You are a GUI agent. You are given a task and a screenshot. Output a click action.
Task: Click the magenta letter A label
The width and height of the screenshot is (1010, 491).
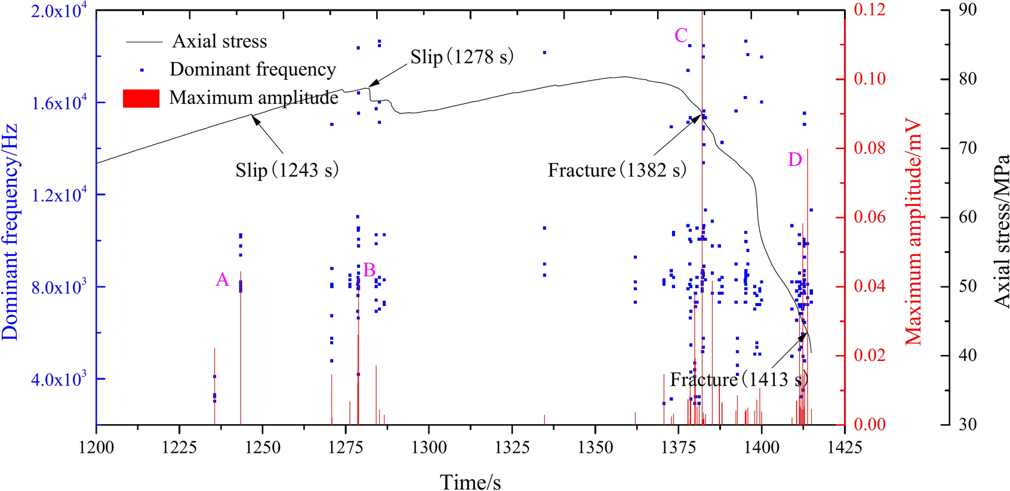(x=222, y=279)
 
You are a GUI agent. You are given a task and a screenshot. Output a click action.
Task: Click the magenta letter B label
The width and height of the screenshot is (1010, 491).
(x=369, y=270)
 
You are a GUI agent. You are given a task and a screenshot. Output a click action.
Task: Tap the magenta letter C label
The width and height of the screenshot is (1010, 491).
(x=681, y=36)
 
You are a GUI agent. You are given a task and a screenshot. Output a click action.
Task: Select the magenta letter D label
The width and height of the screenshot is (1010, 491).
(x=795, y=159)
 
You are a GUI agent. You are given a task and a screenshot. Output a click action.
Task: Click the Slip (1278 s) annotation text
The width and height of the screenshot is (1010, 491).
(x=461, y=57)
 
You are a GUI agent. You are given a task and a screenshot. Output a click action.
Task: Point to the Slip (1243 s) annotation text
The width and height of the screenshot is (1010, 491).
(x=287, y=170)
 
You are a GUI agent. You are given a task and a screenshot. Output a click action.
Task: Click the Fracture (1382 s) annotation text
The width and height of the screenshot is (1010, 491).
(x=617, y=170)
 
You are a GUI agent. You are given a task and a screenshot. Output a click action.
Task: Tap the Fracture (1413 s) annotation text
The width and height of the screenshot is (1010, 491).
(x=738, y=379)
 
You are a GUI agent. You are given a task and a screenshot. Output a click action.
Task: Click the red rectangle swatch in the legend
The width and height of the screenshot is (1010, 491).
(x=141, y=98)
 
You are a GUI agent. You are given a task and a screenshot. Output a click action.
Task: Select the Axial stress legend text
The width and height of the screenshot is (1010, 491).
(x=219, y=41)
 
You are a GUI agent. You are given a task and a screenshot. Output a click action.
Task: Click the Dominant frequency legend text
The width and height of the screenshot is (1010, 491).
(x=252, y=69)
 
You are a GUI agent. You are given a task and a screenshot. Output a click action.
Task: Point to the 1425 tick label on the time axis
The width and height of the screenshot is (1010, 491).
(x=844, y=447)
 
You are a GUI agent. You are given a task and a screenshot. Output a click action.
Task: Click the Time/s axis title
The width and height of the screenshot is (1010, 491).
(x=470, y=481)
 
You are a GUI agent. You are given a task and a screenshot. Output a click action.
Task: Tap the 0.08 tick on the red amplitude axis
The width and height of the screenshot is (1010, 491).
(x=870, y=148)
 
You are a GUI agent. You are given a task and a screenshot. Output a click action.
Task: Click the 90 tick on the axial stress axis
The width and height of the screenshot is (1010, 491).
(x=967, y=10)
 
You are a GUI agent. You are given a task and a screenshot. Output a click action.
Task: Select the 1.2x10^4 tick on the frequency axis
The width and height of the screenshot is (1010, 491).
(x=58, y=194)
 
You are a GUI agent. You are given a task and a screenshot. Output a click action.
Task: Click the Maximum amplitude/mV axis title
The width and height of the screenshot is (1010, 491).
(x=914, y=233)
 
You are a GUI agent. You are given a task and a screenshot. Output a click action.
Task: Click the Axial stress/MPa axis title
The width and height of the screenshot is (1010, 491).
(x=1001, y=231)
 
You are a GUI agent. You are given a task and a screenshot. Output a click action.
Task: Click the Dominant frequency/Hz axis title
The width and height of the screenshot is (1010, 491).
(x=10, y=233)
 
